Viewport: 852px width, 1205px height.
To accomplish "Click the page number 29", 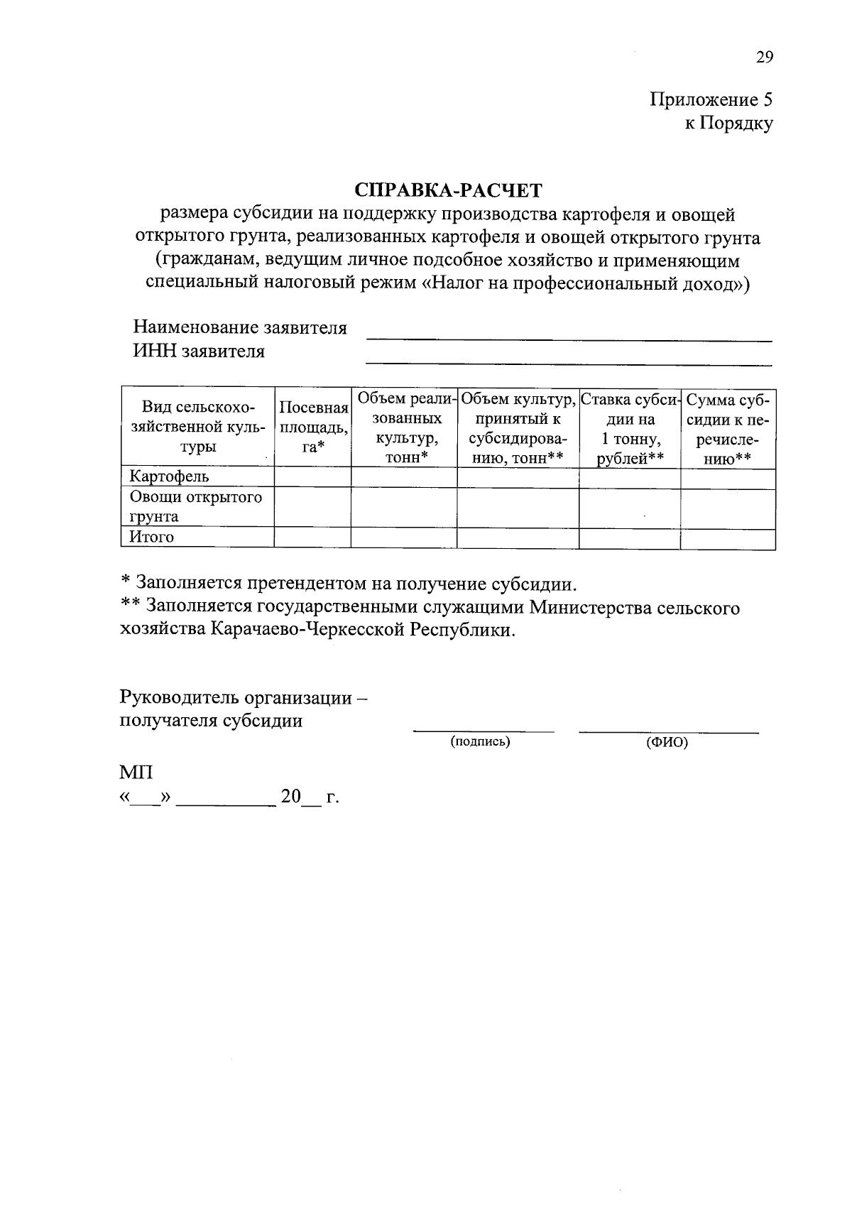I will click(x=764, y=58).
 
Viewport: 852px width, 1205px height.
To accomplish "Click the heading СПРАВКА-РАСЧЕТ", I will click(x=448, y=190).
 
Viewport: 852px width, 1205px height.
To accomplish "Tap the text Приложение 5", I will click(x=711, y=99).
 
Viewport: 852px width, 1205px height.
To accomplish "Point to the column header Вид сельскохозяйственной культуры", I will click(x=197, y=427).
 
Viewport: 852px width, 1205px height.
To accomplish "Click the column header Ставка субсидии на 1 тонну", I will click(x=630, y=428).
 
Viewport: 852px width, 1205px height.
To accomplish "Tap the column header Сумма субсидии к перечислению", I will click(x=728, y=428).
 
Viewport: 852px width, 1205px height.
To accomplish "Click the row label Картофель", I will click(x=169, y=476).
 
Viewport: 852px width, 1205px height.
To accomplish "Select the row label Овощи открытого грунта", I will click(x=195, y=506).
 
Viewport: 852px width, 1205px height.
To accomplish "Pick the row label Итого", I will click(x=151, y=538).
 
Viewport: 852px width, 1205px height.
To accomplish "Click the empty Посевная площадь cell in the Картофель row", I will click(x=312, y=476).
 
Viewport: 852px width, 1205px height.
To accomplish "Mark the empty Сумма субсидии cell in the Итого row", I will click(x=728, y=538).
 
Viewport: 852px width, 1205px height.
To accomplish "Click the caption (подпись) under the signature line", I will click(x=480, y=742).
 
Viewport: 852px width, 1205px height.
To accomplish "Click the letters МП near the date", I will click(x=136, y=773).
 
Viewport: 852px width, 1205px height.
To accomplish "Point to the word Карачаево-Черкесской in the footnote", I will click(x=307, y=630).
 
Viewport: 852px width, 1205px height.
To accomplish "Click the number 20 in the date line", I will click(x=291, y=797).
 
